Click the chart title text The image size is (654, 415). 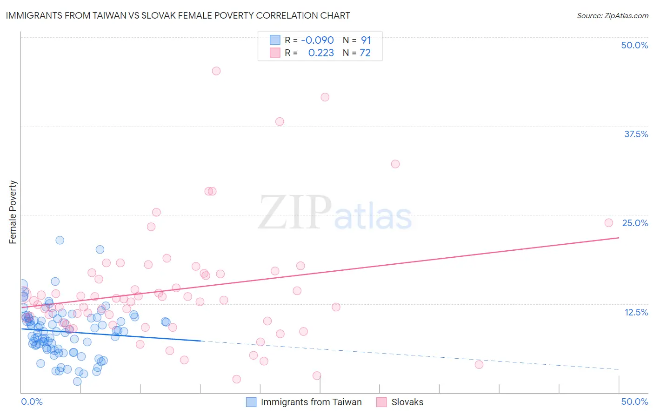[x=178, y=15]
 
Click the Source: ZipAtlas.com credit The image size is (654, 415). [x=612, y=16]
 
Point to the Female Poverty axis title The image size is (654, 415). [x=13, y=212]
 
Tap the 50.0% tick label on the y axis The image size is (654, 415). [x=634, y=45]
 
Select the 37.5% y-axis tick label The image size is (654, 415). [x=636, y=134]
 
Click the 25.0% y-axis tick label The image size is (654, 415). [x=635, y=223]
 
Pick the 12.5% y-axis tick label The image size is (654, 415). [x=636, y=312]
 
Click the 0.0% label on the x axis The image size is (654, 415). [x=32, y=402]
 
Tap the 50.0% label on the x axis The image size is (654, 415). [x=634, y=402]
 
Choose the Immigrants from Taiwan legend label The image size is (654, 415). [x=311, y=402]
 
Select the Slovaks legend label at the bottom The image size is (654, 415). [x=407, y=402]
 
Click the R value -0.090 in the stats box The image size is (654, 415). [x=317, y=40]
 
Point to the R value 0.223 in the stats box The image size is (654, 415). [x=321, y=53]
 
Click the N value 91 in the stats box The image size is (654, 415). [x=366, y=40]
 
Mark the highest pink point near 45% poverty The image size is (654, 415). [x=216, y=71]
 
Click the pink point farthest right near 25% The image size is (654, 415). [x=608, y=223]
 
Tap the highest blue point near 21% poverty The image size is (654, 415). [x=60, y=240]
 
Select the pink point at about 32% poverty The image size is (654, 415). [x=395, y=164]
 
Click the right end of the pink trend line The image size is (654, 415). [x=619, y=238]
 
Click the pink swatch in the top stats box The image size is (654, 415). [x=275, y=53]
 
